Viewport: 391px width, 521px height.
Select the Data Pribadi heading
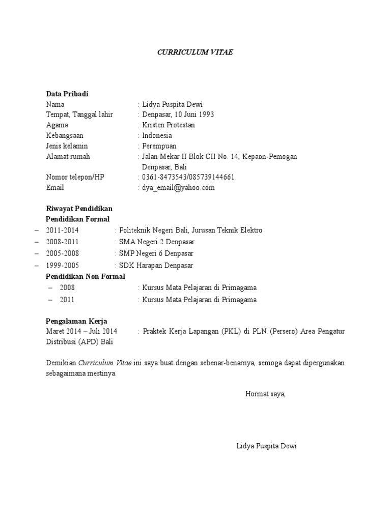(x=67, y=94)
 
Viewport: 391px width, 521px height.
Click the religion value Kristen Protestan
(x=169, y=125)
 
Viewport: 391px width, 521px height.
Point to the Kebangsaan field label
(x=65, y=135)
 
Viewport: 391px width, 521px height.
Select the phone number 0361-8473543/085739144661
(x=188, y=177)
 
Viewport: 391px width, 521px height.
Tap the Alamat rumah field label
(x=68, y=156)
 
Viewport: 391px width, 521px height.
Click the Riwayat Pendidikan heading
(x=79, y=209)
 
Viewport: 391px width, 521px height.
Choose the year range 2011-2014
(x=63, y=230)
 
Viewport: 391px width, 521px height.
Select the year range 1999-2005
(x=63, y=266)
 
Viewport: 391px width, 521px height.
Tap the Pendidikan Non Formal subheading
(x=86, y=276)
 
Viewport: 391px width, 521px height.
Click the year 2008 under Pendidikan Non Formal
(x=67, y=287)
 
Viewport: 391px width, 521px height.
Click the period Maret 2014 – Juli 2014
(x=81, y=331)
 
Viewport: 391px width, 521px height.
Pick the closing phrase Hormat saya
(x=265, y=394)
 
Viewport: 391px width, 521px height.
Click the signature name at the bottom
(x=266, y=446)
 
